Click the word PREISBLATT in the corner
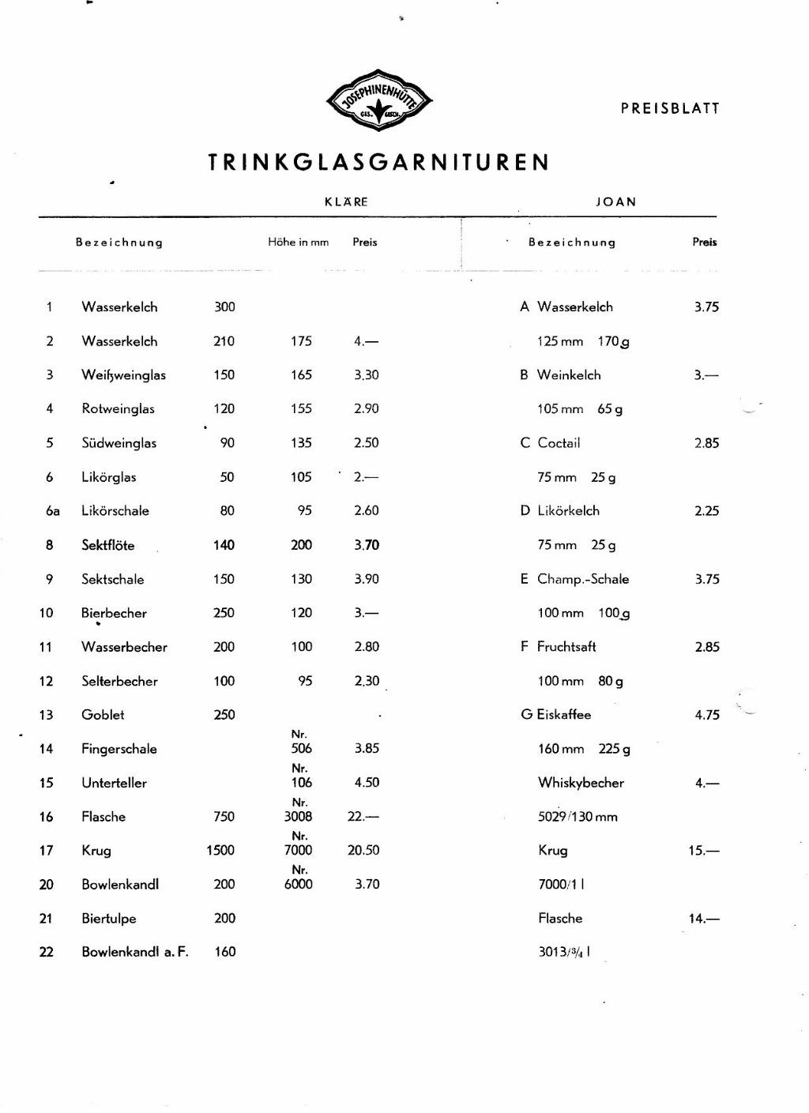[x=670, y=109]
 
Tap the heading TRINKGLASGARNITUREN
[x=378, y=163]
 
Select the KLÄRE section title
[x=346, y=202]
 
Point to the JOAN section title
[x=615, y=202]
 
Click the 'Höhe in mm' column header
[x=298, y=243]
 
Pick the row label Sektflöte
[x=108, y=545]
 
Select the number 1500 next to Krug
[x=220, y=851]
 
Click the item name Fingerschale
[x=119, y=749]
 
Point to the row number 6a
[x=53, y=511]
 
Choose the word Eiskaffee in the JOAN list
[x=563, y=715]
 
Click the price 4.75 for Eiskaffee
[x=706, y=715]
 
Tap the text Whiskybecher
[x=581, y=783]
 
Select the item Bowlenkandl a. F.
[x=135, y=952]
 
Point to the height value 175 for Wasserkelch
[x=301, y=341]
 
